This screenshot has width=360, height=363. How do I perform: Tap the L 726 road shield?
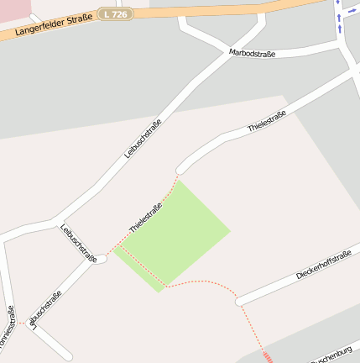[x=115, y=14]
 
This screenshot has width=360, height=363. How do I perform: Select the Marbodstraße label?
[x=253, y=54]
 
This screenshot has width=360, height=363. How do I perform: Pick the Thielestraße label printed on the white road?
[x=267, y=121]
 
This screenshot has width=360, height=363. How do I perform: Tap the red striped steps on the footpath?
[x=268, y=357]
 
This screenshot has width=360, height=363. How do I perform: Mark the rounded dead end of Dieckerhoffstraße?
[x=239, y=301]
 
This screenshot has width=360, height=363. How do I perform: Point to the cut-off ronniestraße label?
[x=7, y=330]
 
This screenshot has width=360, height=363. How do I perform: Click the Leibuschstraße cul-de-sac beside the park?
[x=102, y=259]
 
